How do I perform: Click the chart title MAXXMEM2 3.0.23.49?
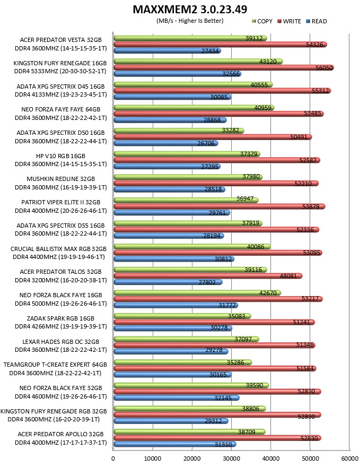[190, 9]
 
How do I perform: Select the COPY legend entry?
[262, 21]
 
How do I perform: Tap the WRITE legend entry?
[289, 21]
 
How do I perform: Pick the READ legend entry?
[317, 21]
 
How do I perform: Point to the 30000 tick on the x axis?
[231, 459]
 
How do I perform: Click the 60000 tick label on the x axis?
[349, 459]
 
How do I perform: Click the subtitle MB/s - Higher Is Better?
[190, 21]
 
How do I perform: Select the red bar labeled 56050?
[224, 67]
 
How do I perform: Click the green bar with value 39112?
[190, 38]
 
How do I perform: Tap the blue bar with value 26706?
[166, 143]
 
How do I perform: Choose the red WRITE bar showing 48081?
[208, 276]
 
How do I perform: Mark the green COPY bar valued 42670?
[197, 293]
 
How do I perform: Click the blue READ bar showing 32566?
[177, 74]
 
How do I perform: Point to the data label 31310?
[223, 445]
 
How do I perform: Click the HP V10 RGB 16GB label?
[60, 156]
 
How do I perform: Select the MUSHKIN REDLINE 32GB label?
[60, 179]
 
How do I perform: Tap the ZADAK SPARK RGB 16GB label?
[60, 318]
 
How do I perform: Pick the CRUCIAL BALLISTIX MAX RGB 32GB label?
[59, 249]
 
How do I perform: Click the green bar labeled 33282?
[179, 131]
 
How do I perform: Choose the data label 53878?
[311, 206]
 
